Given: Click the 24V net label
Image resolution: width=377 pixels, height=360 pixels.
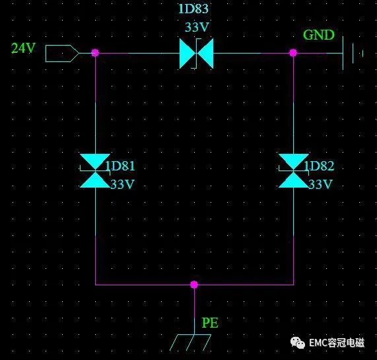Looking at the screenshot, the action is coord(24,48).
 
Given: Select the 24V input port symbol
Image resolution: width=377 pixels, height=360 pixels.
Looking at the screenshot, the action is coord(62,53).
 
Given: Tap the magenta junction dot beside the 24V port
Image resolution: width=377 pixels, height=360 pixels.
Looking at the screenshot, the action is coord(95,53).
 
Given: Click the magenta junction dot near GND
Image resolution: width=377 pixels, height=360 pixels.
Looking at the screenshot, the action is coord(293,53).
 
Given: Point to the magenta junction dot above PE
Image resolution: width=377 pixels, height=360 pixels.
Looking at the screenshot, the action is coord(194,285).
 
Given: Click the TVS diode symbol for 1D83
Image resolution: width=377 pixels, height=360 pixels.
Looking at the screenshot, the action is coord(197,54).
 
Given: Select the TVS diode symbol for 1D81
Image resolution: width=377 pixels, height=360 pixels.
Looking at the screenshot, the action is coord(95,170).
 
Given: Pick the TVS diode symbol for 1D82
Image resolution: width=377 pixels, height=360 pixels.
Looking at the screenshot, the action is coord(294,170).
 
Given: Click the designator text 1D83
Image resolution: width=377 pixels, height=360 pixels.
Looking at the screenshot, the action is coord(193,9).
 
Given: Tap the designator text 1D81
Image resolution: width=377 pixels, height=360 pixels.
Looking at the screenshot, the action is coord(120,166).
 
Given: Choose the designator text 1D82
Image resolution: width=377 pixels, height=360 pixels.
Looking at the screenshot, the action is coord(319,166).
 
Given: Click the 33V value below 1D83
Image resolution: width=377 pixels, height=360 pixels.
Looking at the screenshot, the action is coord(197,27).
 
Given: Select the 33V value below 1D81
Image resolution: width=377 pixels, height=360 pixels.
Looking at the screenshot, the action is coord(122,184).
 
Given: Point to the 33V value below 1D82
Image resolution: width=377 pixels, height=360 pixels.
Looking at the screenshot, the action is coord(320,184).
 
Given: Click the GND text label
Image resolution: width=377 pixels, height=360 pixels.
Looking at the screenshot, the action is coord(319,35).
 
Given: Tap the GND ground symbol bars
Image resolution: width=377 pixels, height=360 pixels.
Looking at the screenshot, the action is coord(353,53).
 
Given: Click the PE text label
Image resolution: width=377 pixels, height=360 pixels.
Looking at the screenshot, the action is coord(210,323).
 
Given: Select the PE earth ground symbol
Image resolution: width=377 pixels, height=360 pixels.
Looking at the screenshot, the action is coord(190,342).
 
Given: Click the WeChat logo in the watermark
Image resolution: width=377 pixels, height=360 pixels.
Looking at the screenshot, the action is coord(298,343).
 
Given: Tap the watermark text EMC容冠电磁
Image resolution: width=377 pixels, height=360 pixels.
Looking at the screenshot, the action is coord(337,343).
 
